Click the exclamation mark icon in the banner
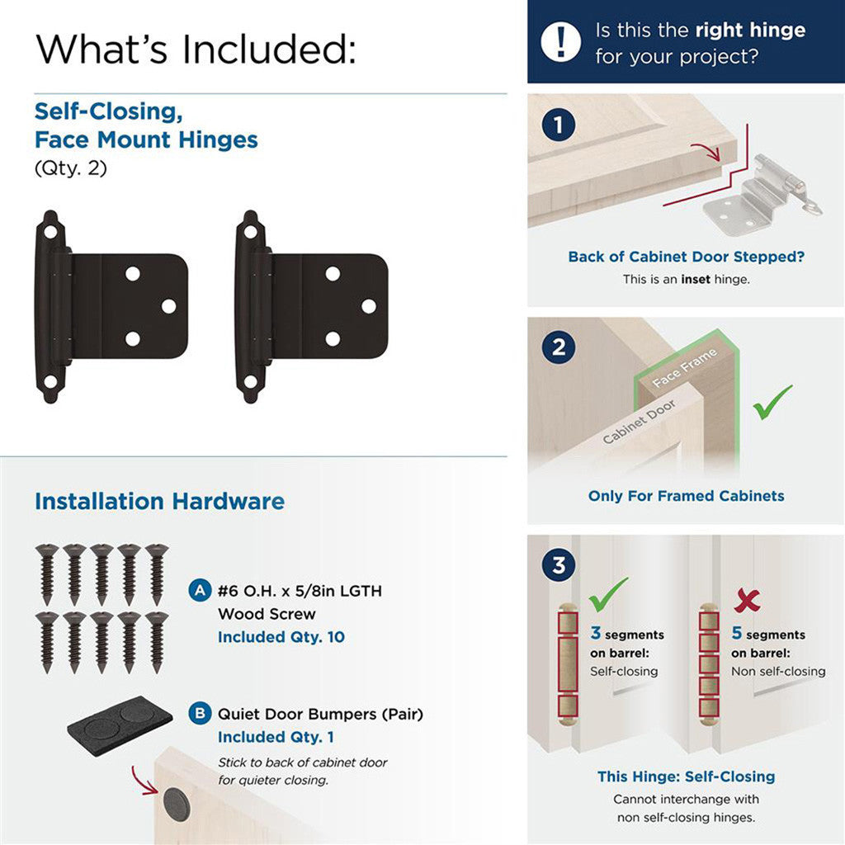tap(561, 40)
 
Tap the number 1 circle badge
tap(559, 125)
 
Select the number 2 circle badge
tap(559, 347)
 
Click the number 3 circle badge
tap(559, 566)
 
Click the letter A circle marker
tap(199, 590)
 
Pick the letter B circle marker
tap(199, 713)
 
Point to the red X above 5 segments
tap(747, 600)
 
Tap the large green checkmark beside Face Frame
tap(772, 402)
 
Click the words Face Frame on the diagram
tap(685, 368)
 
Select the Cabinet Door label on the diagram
tap(640, 422)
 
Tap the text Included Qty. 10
tap(281, 637)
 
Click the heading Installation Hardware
tap(159, 501)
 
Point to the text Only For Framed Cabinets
tap(686, 496)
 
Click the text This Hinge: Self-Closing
tap(686, 777)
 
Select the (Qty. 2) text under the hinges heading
tap(71, 168)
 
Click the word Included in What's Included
tap(269, 49)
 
